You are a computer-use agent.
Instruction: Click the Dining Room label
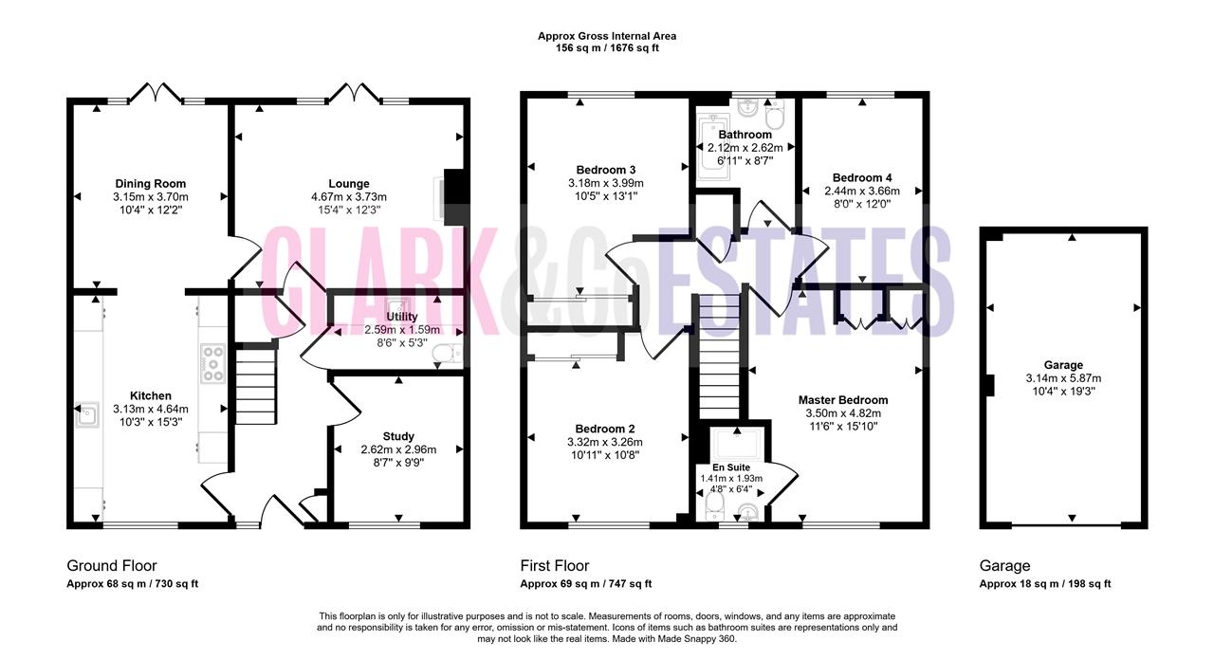[150, 184]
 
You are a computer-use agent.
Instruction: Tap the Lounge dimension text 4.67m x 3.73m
[348, 196]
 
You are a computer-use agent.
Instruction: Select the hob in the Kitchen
[212, 364]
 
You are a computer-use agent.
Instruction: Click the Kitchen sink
[86, 415]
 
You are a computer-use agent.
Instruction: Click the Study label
[398, 436]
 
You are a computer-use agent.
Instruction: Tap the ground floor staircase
[255, 387]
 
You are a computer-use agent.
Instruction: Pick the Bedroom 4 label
[862, 177]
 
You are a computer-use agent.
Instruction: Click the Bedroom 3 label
[605, 170]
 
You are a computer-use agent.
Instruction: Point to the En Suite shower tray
[737, 445]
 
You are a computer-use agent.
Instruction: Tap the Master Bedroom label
[843, 400]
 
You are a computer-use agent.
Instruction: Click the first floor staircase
[719, 357]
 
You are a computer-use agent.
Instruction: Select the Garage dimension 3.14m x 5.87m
[1063, 378]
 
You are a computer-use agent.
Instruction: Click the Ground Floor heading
[112, 566]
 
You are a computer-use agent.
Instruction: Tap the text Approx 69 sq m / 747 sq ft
[586, 584]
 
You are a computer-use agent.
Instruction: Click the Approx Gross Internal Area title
[607, 36]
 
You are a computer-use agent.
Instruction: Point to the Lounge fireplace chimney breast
[455, 196]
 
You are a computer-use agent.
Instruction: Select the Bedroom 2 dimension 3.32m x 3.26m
[605, 442]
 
